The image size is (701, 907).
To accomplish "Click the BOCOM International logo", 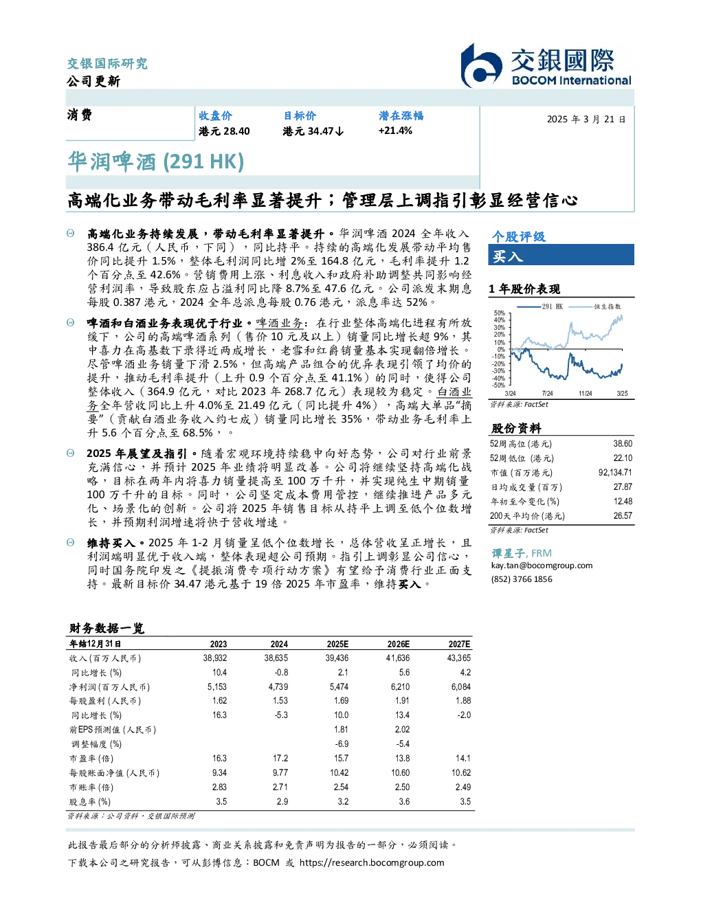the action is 545,65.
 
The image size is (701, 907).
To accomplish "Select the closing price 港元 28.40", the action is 224,131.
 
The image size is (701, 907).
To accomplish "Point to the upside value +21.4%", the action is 395,131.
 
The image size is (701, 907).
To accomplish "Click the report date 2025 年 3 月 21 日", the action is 586,120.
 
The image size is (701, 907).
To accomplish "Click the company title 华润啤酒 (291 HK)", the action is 156,162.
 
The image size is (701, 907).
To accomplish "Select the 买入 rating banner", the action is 561,255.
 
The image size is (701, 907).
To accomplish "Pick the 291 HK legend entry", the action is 540,306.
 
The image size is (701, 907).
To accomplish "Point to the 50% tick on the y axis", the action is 500,313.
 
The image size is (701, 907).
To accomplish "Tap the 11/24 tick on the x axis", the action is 585,393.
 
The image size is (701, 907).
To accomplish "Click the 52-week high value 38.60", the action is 623,444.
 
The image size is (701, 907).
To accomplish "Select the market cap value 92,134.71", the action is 615,473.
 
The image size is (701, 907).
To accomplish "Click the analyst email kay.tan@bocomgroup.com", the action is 542,566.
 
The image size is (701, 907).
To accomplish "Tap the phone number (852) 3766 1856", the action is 522,579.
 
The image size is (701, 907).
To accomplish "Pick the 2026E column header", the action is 399,644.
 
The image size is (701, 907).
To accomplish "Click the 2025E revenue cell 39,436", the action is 337,658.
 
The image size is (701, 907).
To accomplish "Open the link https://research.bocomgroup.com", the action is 372,863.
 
